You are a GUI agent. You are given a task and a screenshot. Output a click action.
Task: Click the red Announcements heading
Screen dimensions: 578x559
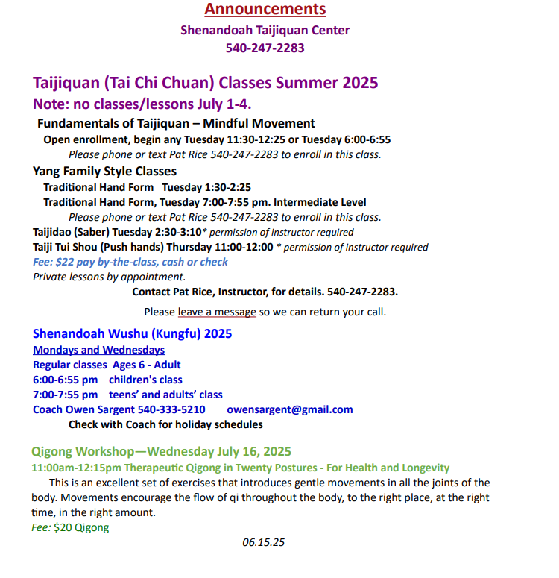[x=265, y=10]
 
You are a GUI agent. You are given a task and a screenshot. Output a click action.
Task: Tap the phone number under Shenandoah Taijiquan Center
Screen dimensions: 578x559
[x=265, y=48]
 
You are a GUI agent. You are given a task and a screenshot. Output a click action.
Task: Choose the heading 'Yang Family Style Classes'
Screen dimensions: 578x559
[x=104, y=172]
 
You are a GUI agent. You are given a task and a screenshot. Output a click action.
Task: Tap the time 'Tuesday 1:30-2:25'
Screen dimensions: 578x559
[x=206, y=187]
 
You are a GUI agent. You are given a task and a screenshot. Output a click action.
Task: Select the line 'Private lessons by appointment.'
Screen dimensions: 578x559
[x=109, y=277]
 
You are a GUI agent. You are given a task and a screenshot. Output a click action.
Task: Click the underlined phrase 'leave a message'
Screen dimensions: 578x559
[x=216, y=312]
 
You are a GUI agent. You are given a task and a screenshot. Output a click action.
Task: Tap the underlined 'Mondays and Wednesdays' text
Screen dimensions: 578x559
[x=98, y=350]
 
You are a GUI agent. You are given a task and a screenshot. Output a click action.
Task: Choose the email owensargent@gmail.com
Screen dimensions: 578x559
[x=289, y=409]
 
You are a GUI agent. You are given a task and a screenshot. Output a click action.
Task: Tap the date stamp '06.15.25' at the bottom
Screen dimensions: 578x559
[x=263, y=542]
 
